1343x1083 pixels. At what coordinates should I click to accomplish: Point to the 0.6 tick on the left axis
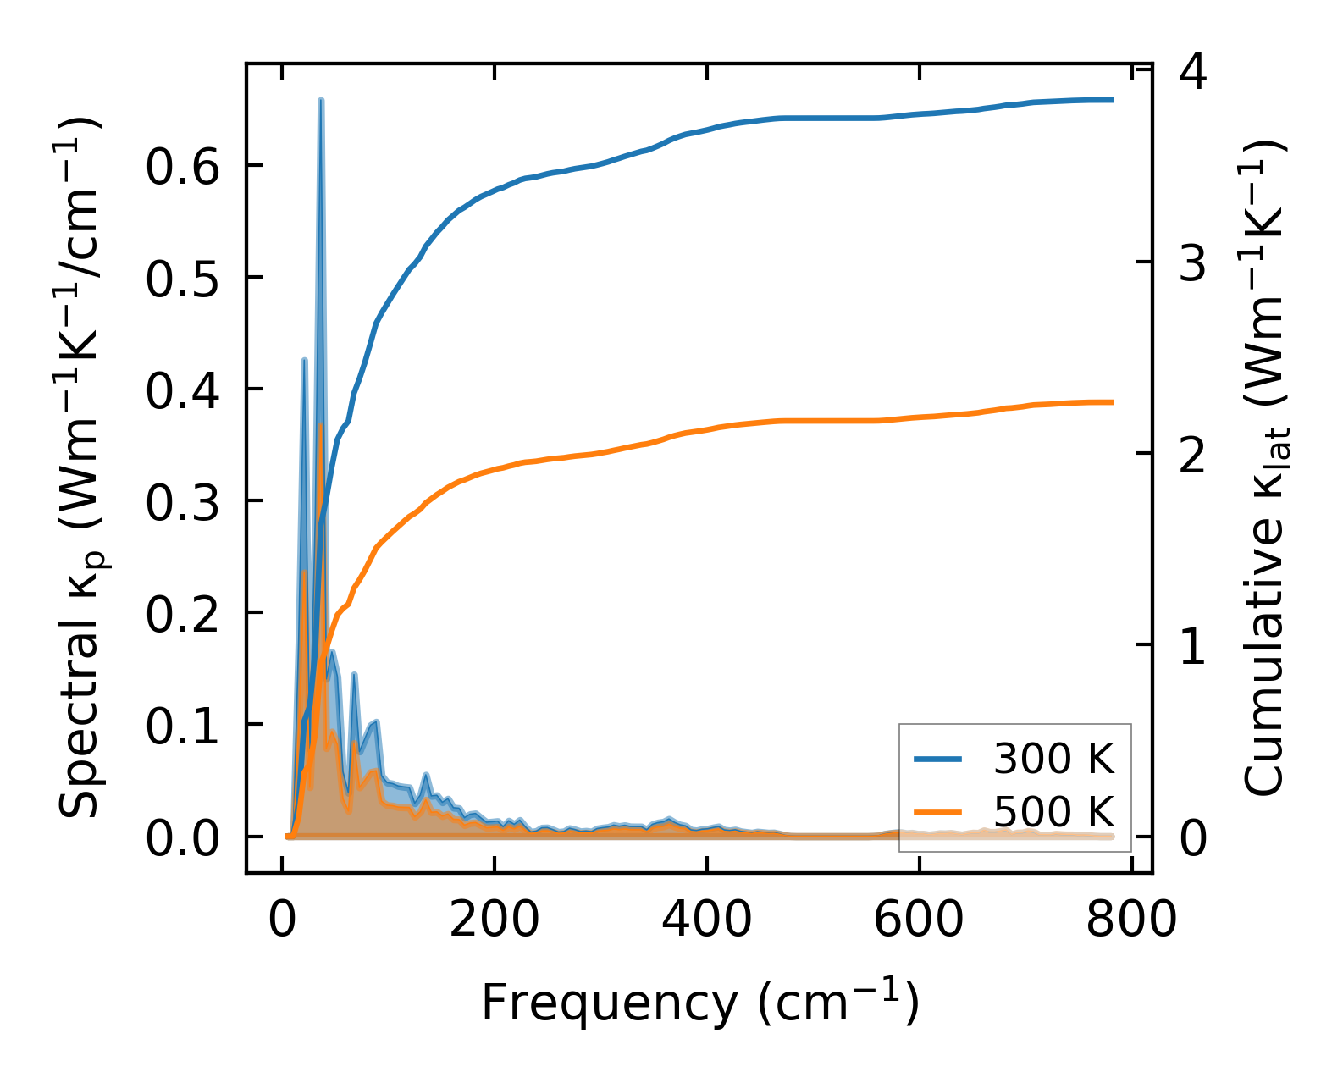click(x=182, y=167)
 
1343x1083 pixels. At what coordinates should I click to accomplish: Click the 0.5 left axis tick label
click(x=182, y=279)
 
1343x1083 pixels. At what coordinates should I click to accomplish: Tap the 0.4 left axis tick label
click(x=182, y=390)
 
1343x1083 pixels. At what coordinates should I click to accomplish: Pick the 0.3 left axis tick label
click(x=182, y=502)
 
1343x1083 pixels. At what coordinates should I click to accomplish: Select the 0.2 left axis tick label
click(x=182, y=614)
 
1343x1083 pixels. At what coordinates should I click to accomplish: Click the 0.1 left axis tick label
click(x=182, y=727)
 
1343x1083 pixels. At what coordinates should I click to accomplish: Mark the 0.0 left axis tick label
click(x=182, y=838)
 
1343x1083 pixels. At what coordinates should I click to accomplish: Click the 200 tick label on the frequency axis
click(x=494, y=919)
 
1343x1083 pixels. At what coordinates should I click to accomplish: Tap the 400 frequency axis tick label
click(x=706, y=919)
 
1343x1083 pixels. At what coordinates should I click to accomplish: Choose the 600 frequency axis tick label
click(x=919, y=919)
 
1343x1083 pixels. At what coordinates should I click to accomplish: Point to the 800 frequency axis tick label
click(x=1131, y=919)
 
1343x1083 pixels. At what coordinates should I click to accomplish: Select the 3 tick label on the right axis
click(x=1193, y=264)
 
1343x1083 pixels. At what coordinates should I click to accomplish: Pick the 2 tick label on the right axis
click(x=1193, y=456)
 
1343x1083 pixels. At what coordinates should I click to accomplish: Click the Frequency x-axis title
click(x=699, y=1003)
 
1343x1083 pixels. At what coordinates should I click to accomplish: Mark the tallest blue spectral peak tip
click(x=321, y=100)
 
